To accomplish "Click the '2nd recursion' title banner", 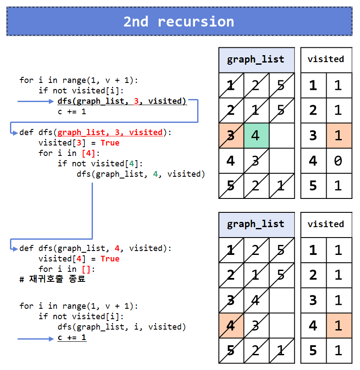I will [x=179, y=21].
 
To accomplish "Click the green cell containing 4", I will [x=256, y=135].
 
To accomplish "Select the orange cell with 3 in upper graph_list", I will [x=231, y=135].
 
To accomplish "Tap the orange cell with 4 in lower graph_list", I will [x=231, y=325].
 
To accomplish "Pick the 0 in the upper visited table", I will [x=339, y=161].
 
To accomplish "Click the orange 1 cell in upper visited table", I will [x=339, y=135].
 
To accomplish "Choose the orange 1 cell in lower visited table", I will [x=339, y=325].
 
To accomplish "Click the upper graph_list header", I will [x=256, y=59].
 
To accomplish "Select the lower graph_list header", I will [x=256, y=224].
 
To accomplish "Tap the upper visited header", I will [x=326, y=59].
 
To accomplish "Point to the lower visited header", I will [x=326, y=224].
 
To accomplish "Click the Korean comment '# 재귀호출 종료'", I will [x=53, y=279].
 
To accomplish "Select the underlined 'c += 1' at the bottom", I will [x=72, y=337].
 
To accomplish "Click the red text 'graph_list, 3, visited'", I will [x=110, y=132].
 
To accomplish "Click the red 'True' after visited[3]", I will [x=110, y=143].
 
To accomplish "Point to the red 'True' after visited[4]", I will [x=110, y=258].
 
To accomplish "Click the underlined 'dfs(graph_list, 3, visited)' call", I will [x=122, y=101].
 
